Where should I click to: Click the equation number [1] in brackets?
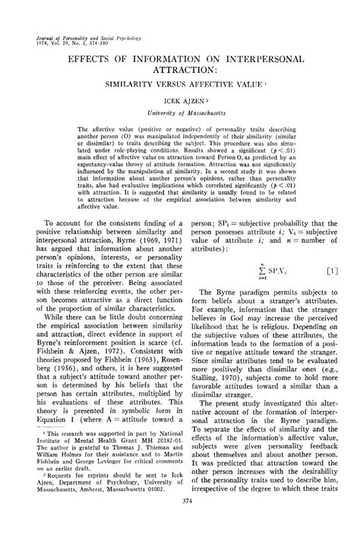click(x=331, y=270)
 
